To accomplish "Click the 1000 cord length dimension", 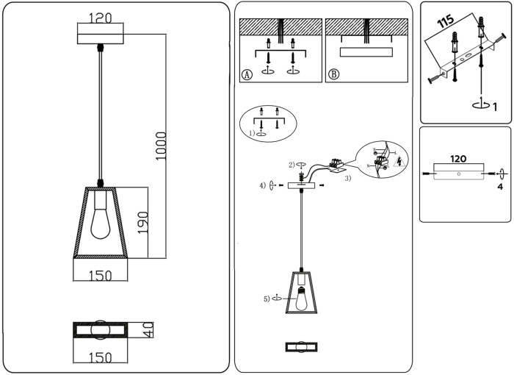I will click(x=162, y=146).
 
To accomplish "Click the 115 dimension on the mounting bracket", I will click(x=445, y=21).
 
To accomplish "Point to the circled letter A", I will click(x=247, y=74).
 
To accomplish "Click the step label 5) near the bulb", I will click(x=267, y=299).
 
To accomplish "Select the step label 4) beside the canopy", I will click(x=262, y=185).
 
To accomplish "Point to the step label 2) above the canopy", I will click(x=292, y=164).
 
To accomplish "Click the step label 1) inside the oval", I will click(x=251, y=133).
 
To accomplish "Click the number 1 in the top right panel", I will click(x=495, y=107).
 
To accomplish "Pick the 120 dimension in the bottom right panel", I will click(x=458, y=158).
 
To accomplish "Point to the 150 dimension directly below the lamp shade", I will click(x=100, y=276).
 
